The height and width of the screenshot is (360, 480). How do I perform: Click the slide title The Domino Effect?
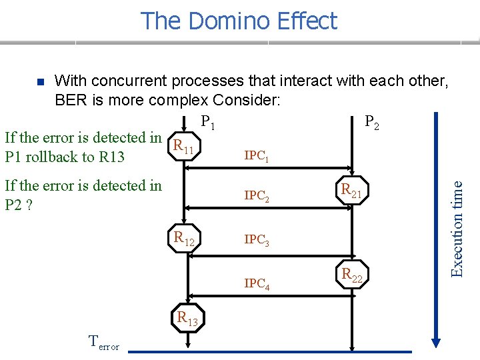point(239,21)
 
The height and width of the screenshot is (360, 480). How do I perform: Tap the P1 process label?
point(207,123)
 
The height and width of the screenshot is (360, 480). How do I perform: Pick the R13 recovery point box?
point(187,319)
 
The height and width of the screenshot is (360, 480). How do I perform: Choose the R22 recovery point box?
point(351,275)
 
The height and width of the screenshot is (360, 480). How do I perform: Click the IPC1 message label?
point(257,157)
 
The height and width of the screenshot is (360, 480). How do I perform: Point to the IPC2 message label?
point(257,197)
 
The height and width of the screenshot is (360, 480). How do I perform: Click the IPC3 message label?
point(257,240)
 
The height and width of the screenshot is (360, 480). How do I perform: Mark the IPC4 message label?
point(257,284)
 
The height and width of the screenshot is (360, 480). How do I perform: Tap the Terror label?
point(104,343)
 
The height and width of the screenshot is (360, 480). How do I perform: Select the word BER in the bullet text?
point(69,101)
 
